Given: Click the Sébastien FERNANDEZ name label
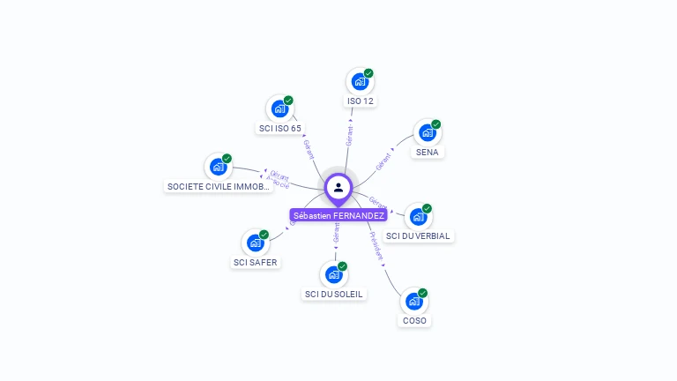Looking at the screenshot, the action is [x=338, y=215].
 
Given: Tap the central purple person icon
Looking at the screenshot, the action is [x=338, y=187].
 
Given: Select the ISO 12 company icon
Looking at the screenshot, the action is [x=360, y=82].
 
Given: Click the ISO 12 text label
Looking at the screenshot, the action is [x=361, y=101].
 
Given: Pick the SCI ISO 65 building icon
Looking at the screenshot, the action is [x=280, y=108].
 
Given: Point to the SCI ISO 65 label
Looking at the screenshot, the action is [x=280, y=128].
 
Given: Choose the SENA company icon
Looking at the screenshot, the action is [x=428, y=132].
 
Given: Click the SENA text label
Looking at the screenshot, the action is [x=428, y=152].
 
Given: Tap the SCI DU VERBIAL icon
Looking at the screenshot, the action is [x=418, y=217].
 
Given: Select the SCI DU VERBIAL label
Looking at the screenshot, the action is [x=418, y=236].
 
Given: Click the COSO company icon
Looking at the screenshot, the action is [x=413, y=302].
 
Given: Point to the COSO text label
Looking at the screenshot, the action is [x=414, y=321].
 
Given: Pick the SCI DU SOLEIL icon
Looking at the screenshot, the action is [x=333, y=274].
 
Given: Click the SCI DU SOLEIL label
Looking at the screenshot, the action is [x=334, y=294].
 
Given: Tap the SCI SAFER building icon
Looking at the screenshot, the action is [x=255, y=243].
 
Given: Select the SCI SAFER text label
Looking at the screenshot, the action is [x=255, y=262].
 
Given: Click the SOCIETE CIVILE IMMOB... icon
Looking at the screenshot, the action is [x=218, y=167].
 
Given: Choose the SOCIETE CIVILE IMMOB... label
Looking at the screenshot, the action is [x=218, y=186].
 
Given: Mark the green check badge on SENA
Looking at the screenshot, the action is [x=435, y=124].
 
